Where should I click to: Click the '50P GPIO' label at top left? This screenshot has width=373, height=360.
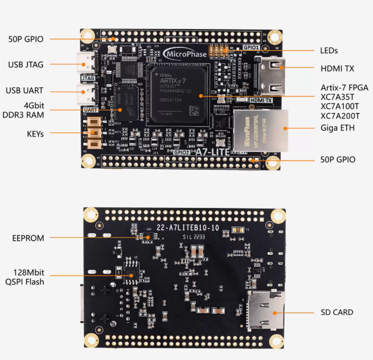[x=26, y=39]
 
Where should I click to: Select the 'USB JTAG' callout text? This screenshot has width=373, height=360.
[x=26, y=65]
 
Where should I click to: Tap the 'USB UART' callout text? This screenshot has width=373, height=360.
[x=26, y=90]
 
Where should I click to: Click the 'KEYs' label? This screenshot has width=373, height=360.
[x=35, y=133]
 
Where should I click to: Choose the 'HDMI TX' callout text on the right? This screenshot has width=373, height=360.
[x=337, y=69]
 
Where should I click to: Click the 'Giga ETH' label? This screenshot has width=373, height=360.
[x=338, y=128]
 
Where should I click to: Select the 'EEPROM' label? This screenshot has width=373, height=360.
[x=28, y=238]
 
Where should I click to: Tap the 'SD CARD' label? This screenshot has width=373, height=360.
[x=336, y=312]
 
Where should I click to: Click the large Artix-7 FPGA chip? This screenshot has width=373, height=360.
[x=178, y=94]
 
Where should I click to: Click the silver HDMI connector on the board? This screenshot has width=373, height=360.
[x=271, y=75]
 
